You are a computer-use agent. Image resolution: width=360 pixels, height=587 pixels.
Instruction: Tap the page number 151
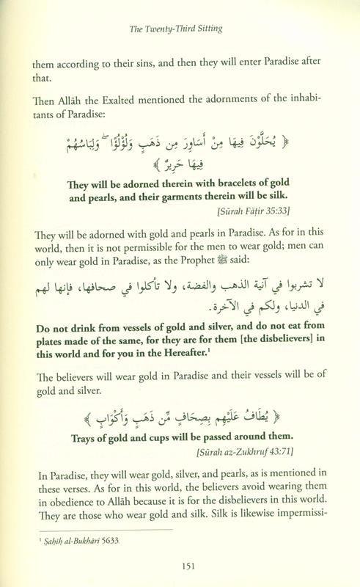pos(180,564)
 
